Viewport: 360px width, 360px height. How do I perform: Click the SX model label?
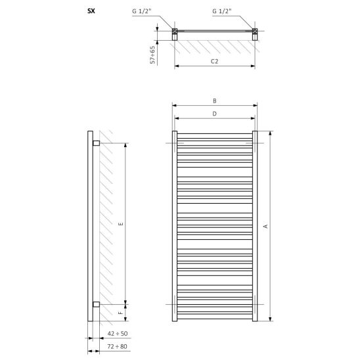91,11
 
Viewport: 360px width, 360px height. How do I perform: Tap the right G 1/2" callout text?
222,11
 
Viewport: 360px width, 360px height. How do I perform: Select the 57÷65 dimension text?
152,55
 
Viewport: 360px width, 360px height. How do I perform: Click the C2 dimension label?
214,62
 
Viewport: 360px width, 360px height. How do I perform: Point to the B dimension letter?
215,101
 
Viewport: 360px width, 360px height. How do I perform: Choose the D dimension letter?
214,114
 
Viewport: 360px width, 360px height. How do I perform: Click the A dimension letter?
265,226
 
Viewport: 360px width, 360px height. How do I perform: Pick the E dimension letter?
122,224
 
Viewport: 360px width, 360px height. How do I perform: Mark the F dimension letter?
122,313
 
